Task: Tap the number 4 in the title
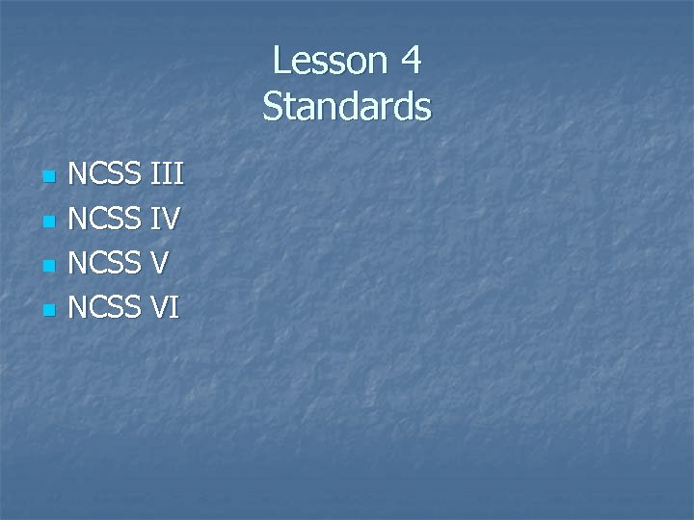coord(409,61)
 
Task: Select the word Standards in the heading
coord(347,106)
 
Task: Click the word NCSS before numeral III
coord(106,175)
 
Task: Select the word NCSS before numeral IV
coord(106,220)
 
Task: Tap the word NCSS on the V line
coord(106,263)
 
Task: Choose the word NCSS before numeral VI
coord(106,307)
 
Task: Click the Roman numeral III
coord(167,175)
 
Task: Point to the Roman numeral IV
coord(166,220)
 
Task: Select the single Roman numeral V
coord(161,263)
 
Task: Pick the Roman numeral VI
coord(165,307)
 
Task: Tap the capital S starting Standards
coord(272,106)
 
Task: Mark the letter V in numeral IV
coord(171,220)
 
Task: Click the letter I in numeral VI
coord(175,307)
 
